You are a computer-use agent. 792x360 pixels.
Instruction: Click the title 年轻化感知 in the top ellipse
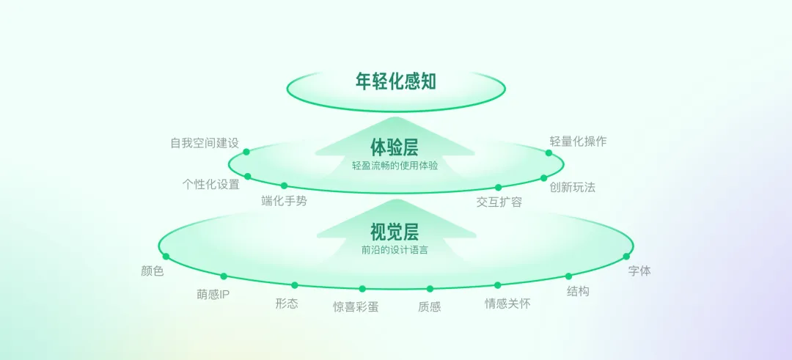(395, 81)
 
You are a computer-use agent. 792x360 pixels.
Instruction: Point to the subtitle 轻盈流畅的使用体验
(395, 166)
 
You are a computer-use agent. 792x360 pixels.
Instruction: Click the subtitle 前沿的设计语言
(395, 250)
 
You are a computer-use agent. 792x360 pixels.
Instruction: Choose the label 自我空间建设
(205, 143)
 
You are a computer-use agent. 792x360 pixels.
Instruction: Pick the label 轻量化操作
(578, 142)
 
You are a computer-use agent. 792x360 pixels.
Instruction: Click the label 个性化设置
(210, 184)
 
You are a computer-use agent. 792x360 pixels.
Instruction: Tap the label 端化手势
(284, 201)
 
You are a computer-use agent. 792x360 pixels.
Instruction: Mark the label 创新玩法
(572, 187)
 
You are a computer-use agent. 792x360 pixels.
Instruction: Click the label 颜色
(152, 271)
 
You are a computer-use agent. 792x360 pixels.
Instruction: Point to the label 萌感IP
(213, 295)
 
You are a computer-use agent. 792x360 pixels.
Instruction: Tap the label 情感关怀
(507, 304)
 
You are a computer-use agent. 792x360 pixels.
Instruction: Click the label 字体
(639, 271)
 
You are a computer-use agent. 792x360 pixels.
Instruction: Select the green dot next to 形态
(295, 285)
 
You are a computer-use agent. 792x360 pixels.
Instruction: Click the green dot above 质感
(430, 289)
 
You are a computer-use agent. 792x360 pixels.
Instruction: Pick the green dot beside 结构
(568, 276)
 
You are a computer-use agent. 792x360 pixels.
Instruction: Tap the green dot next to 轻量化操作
(549, 153)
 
